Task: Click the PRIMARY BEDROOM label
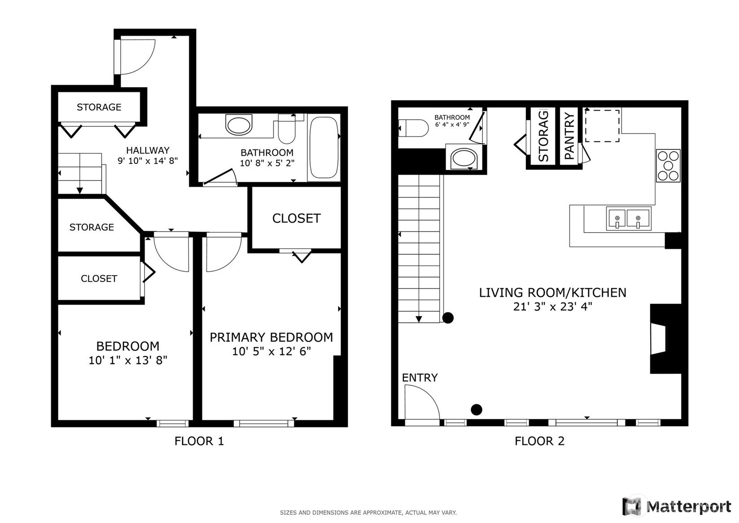[271, 337]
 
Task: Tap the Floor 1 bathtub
[324, 147]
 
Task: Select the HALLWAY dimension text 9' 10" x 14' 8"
[148, 161]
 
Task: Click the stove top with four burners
[669, 165]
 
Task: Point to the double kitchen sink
[629, 219]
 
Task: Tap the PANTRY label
[570, 136]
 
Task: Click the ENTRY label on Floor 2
[420, 378]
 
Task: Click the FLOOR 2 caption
[539, 441]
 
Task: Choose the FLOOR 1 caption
[199, 441]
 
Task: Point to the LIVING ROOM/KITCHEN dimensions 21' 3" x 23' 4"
[553, 307]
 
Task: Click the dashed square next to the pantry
[602, 126]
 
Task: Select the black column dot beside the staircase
[448, 318]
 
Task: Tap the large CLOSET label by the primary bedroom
[296, 218]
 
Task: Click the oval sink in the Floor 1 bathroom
[239, 124]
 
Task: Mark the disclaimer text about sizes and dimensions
[368, 513]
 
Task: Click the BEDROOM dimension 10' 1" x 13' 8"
[128, 360]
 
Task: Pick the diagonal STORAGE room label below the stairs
[92, 227]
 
